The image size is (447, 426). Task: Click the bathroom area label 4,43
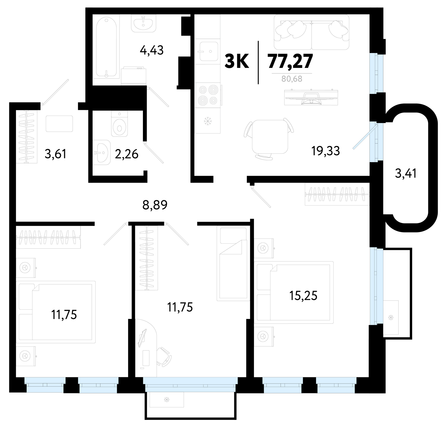click(151, 50)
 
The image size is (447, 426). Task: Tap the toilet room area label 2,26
click(126, 154)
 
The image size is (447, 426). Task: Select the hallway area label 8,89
click(155, 205)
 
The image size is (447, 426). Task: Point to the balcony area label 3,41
click(406, 174)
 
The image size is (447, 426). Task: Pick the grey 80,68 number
click(292, 79)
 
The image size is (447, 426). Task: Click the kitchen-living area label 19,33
click(326, 151)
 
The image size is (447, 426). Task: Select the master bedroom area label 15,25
click(303, 296)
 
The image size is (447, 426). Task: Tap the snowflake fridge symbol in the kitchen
click(207, 122)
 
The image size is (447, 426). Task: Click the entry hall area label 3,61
click(55, 154)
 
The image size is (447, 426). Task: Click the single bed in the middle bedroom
click(233, 264)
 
